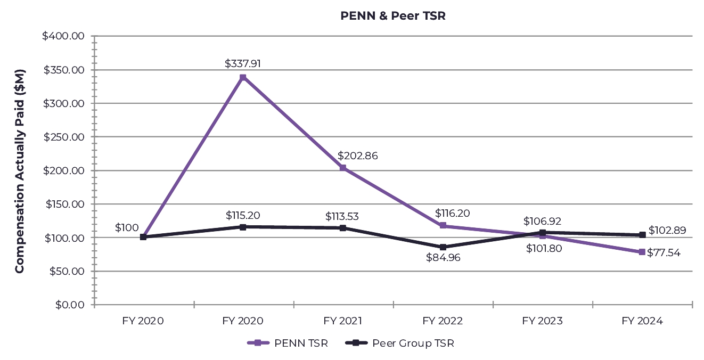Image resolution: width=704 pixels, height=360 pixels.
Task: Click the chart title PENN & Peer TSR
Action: pyautogui.click(x=392, y=16)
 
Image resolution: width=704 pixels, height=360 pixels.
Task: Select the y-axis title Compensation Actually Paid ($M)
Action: pyautogui.click(x=20, y=171)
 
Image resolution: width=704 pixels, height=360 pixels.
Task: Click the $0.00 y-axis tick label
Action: pyautogui.click(x=70, y=305)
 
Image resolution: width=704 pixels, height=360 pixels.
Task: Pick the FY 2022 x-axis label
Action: pyautogui.click(x=443, y=321)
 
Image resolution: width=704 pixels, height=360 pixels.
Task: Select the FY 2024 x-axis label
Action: pyautogui.click(x=642, y=321)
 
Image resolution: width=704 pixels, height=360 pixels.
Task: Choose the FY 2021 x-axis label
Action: pyautogui.click(x=343, y=321)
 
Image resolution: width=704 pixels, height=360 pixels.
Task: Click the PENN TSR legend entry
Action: pyautogui.click(x=288, y=343)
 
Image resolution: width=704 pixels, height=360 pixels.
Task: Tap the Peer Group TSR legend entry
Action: pyautogui.click(x=400, y=343)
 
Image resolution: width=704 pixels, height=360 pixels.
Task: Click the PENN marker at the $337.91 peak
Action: pyautogui.click(x=243, y=78)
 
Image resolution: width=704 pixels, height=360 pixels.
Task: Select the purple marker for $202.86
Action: pyautogui.click(x=343, y=168)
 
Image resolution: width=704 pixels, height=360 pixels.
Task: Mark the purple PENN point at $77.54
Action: pyautogui.click(x=642, y=252)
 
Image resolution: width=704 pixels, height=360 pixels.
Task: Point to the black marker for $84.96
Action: pyautogui.click(x=443, y=247)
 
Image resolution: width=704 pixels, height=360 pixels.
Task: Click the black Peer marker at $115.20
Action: pyautogui.click(x=243, y=227)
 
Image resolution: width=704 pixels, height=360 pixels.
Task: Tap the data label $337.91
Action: pyautogui.click(x=243, y=64)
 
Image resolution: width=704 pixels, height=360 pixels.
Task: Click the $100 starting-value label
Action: pyautogui.click(x=127, y=228)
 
